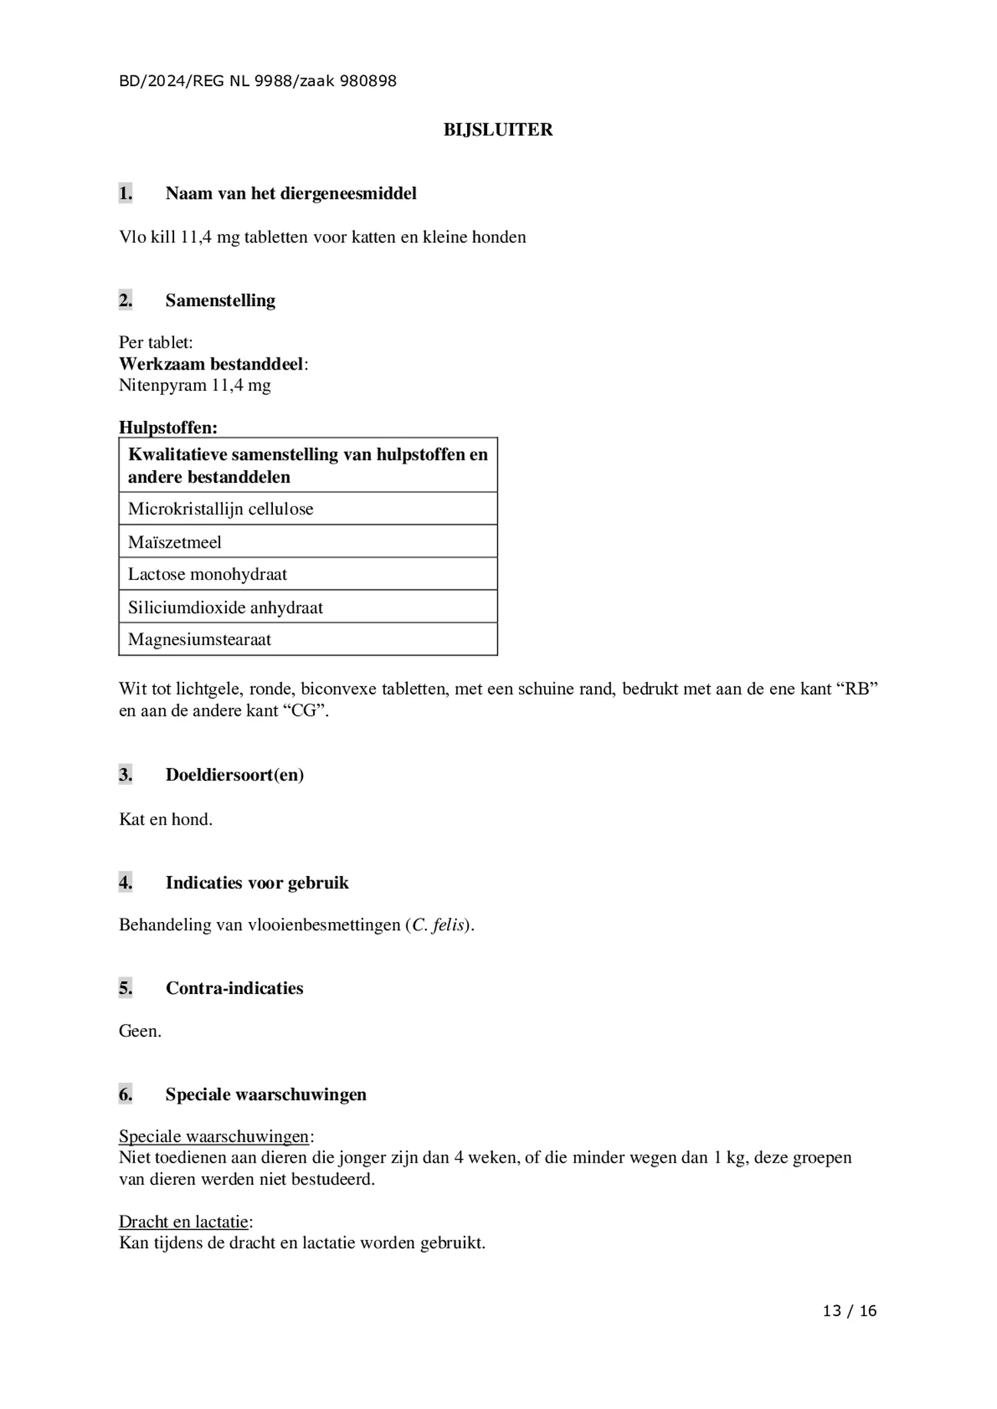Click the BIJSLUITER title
498,129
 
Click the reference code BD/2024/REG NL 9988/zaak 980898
258,81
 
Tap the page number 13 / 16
849,1311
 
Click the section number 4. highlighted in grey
125,883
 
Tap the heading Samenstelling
220,300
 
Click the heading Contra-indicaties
234,988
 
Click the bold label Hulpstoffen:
168,427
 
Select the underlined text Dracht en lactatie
184,1222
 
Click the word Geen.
139,1031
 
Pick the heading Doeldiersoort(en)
235,775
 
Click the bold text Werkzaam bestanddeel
211,364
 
